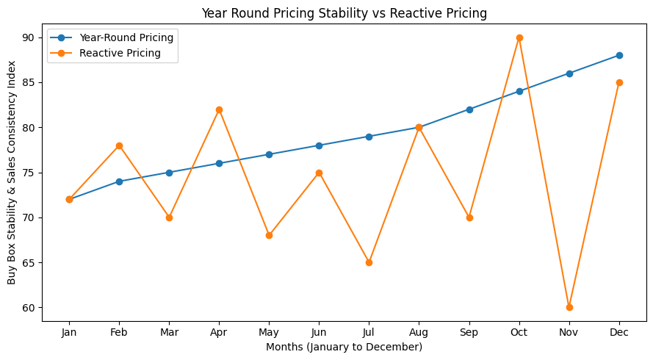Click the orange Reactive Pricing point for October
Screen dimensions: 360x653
pos(519,37)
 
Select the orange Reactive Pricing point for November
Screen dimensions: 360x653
pos(569,307)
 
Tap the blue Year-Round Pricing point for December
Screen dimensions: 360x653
pos(619,55)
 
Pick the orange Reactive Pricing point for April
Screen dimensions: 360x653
pos(219,109)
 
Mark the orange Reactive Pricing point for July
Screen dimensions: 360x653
pos(369,262)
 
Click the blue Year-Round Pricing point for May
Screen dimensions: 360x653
pos(269,154)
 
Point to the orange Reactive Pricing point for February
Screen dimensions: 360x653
pos(119,145)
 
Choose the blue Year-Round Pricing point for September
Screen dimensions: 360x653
pos(469,109)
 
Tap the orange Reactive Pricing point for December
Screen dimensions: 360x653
pos(619,82)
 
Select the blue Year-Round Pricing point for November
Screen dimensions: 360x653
pos(569,73)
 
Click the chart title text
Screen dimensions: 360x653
pos(344,13)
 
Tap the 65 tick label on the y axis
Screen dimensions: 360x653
pos(29,262)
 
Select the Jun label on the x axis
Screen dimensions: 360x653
pos(319,332)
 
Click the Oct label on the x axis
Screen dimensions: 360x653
pos(519,332)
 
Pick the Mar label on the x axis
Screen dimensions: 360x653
pos(169,332)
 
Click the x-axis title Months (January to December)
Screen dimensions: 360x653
pos(344,347)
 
